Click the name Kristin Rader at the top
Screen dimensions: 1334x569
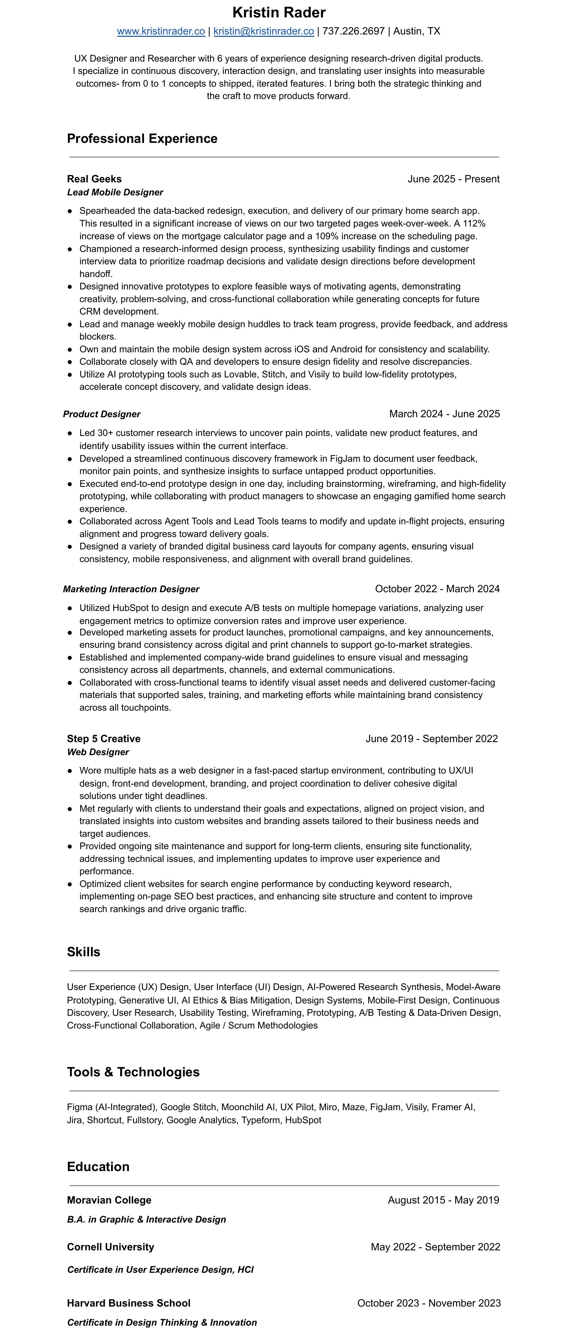tap(279, 12)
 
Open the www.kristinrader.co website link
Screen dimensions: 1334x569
tap(161, 31)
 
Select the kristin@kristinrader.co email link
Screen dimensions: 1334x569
tap(263, 31)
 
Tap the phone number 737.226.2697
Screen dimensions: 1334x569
tap(353, 31)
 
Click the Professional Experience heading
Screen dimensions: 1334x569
tap(142, 139)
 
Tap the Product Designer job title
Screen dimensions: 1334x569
tap(101, 414)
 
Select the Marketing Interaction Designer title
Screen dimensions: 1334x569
tap(131, 589)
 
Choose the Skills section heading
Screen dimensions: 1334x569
tap(83, 952)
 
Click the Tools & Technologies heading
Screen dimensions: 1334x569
tap(133, 1072)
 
